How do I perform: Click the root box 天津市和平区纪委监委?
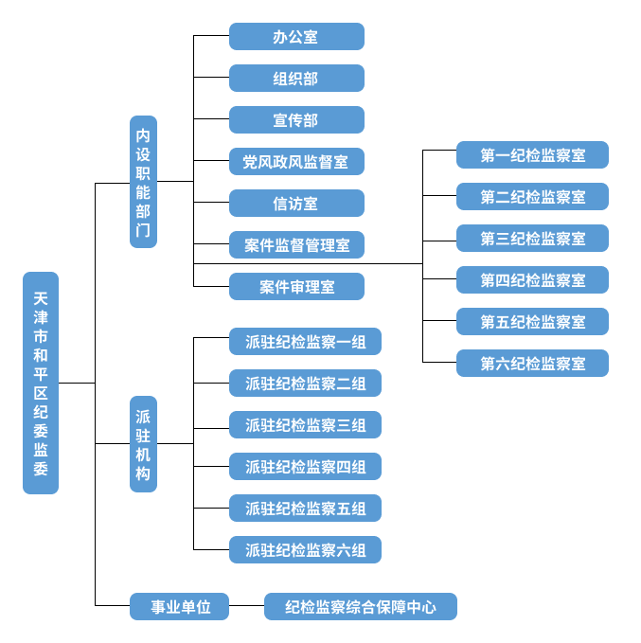pos(41,383)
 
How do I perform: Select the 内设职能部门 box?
pos(143,182)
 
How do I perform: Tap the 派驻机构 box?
pos(143,444)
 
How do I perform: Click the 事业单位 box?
pos(179,606)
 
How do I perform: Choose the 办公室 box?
pos(296,37)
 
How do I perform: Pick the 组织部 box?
pos(296,79)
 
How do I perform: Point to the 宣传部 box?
pos(296,120)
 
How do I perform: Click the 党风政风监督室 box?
pos(296,162)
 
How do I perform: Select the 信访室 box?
pos(296,204)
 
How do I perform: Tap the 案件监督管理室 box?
pos(296,245)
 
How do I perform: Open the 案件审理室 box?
pos(296,287)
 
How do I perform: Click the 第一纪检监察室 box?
pos(532,155)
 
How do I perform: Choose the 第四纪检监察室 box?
pos(532,280)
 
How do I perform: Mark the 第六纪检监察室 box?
pos(532,364)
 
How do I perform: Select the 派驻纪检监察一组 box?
pos(305,342)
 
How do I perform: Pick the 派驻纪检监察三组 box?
pos(305,425)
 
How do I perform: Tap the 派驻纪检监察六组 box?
pos(305,550)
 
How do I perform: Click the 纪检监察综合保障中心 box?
pos(360,607)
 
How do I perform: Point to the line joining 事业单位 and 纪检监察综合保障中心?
pos(246,606)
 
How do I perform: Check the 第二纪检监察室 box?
pos(532,197)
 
